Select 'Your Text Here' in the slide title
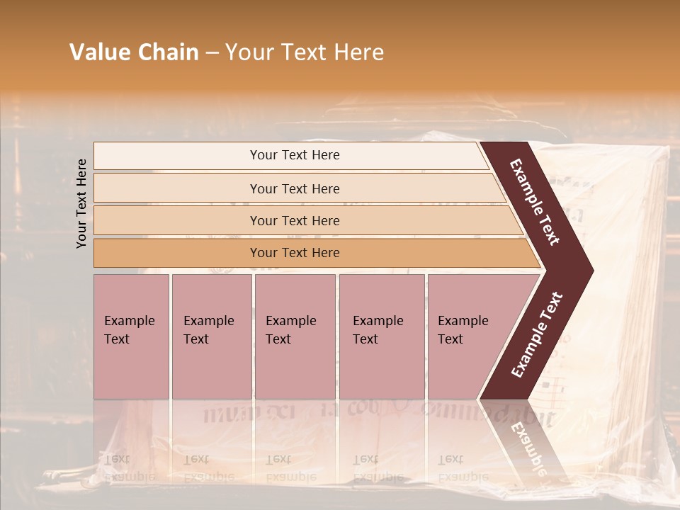[305, 52]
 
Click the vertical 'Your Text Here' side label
[81, 203]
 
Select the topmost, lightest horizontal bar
[294, 155]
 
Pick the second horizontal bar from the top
[294, 188]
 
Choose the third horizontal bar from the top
[294, 220]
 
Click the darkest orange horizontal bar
[294, 253]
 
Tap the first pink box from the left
[131, 336]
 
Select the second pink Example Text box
[211, 336]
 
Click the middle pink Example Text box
[295, 336]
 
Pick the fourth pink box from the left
[381, 336]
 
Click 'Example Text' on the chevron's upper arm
[535, 202]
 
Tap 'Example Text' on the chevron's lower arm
[537, 334]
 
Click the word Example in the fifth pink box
[463, 321]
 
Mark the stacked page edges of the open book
[648, 297]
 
